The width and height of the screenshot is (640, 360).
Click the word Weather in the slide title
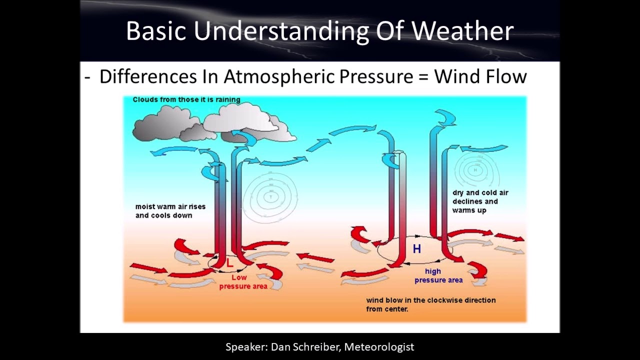click(462, 31)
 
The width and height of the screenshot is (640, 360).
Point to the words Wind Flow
click(480, 77)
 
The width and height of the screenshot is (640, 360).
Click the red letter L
click(230, 263)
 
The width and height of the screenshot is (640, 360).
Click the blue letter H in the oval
click(416, 248)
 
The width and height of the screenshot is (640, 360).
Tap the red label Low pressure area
click(242, 282)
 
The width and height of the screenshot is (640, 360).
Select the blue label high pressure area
click(437, 276)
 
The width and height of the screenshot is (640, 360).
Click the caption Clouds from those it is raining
click(186, 99)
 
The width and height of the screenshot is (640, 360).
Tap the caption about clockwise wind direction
click(430, 304)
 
